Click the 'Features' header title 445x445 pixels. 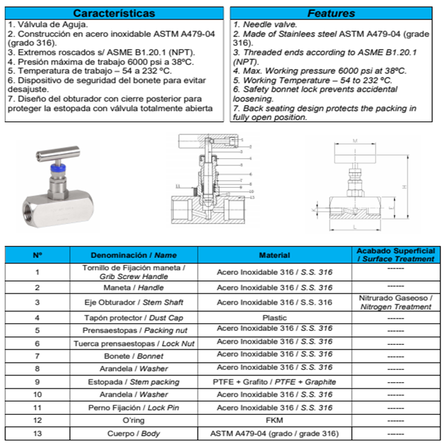331,13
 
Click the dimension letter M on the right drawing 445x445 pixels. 355,141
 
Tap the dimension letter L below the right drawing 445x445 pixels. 354,228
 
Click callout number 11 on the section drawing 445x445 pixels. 177,185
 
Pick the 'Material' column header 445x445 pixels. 274,255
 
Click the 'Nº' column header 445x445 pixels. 37,255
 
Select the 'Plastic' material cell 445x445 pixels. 274,318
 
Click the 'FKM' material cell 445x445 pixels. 274,421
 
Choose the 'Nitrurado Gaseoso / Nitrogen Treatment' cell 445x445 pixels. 395,302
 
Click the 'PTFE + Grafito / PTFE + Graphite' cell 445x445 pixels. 274,382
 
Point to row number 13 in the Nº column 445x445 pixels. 37,433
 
